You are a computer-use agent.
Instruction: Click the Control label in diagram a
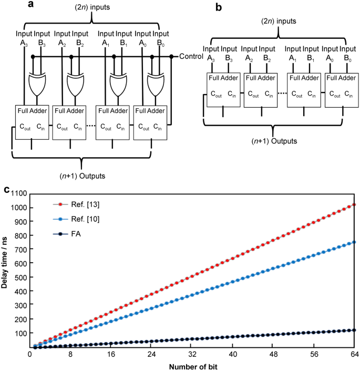coord(191,56)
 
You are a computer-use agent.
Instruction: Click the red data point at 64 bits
coord(354,204)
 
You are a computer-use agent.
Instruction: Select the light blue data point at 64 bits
coord(354,242)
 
